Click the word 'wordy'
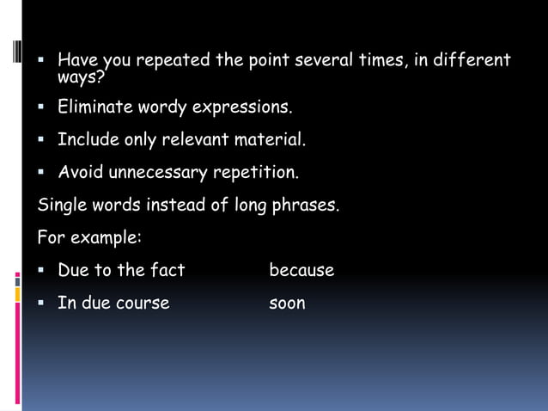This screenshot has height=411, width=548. [162, 107]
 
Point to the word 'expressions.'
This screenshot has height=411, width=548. [241, 108]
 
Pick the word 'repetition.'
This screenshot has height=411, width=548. [256, 173]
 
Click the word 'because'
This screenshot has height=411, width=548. [301, 270]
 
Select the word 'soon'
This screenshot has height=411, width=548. [287, 303]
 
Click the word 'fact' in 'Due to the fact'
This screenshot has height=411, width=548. [167, 270]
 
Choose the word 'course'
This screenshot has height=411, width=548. [143, 303]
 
